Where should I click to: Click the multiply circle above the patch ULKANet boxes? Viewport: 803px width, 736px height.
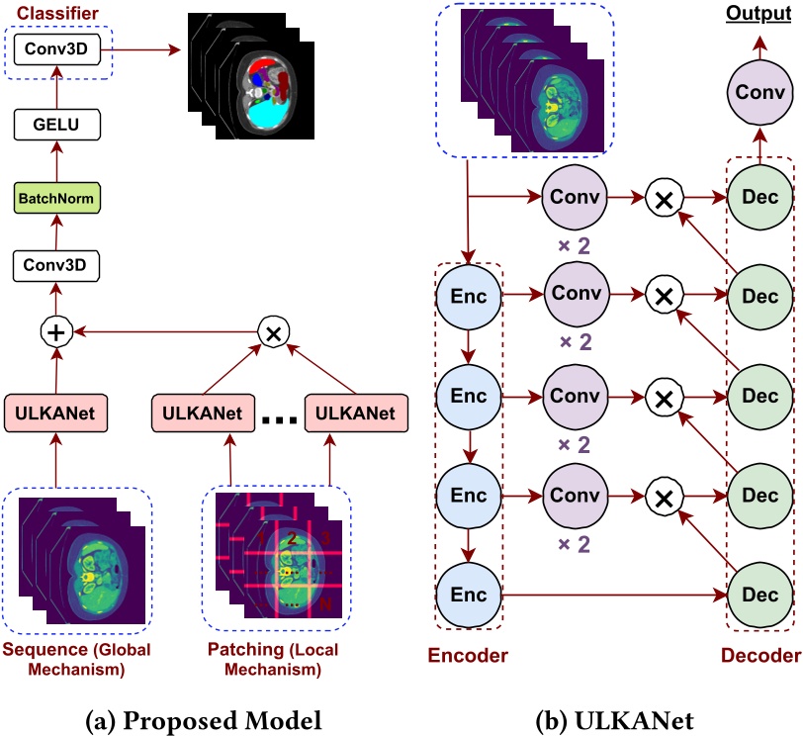(x=272, y=332)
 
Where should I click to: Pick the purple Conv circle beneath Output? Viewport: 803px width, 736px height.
(x=760, y=93)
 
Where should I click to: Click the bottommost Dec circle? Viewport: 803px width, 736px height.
(x=759, y=595)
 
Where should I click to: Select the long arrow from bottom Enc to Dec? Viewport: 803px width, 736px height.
(x=613, y=596)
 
